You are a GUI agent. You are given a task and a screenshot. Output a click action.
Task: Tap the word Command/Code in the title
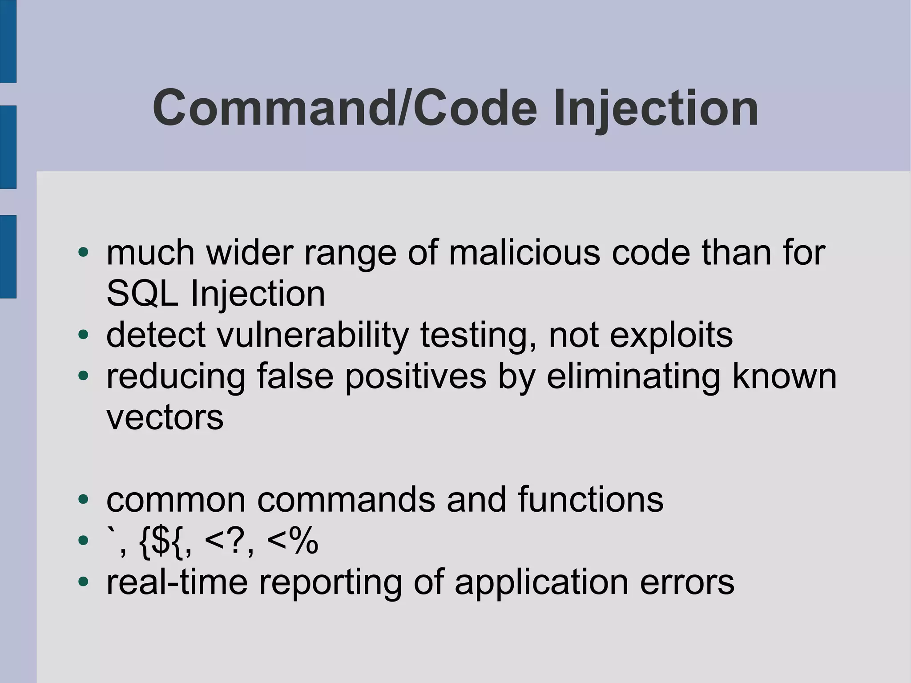pyautogui.click(x=344, y=108)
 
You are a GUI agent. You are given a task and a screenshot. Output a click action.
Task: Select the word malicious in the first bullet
pyautogui.click(x=524, y=253)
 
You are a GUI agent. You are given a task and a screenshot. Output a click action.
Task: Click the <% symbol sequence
pyautogui.click(x=293, y=541)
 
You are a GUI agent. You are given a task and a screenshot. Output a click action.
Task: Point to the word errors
pyautogui.click(x=687, y=582)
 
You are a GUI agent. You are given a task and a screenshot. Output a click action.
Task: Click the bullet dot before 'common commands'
pyautogui.click(x=83, y=499)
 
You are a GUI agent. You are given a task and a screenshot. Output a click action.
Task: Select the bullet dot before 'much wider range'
pyautogui.click(x=83, y=252)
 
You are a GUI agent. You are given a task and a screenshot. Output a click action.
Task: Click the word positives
pyautogui.click(x=415, y=377)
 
